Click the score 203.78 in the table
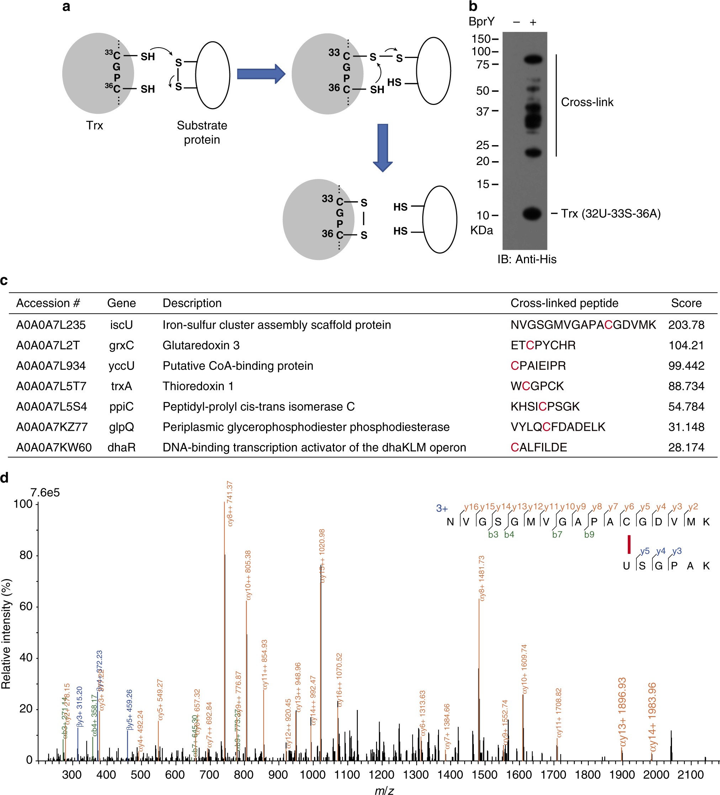(x=686, y=325)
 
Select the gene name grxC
(x=121, y=345)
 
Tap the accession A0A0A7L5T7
(x=51, y=386)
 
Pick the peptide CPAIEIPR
(x=538, y=366)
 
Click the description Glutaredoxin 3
(x=201, y=345)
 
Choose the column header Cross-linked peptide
(x=564, y=303)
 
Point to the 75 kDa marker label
(x=483, y=64)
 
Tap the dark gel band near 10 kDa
(x=532, y=214)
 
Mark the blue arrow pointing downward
(x=382, y=148)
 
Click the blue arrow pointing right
(x=261, y=74)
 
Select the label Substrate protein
(x=202, y=132)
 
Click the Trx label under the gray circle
(x=95, y=126)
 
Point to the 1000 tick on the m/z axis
(x=312, y=774)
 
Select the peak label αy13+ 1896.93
(x=622, y=712)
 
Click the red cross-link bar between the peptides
(x=629, y=544)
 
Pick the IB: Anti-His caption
(x=527, y=259)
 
